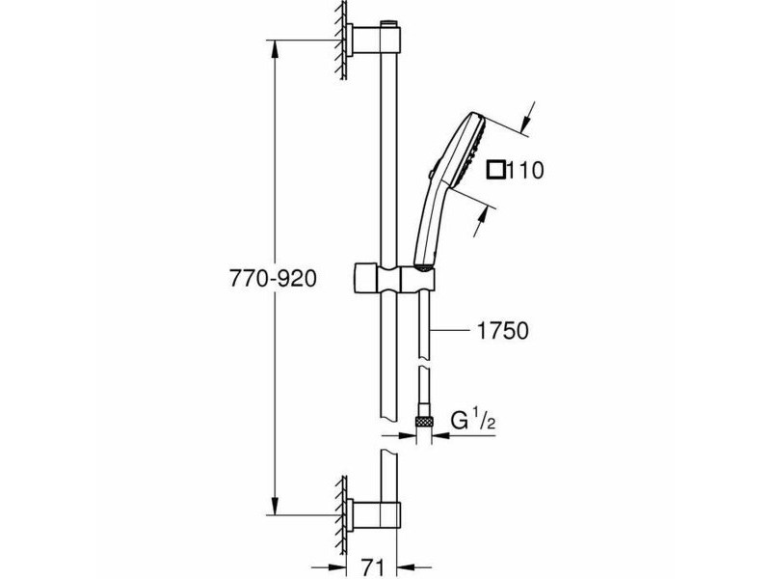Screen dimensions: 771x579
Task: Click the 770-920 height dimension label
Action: [273, 280]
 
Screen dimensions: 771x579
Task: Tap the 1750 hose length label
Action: [503, 331]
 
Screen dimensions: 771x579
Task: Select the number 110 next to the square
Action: [524, 171]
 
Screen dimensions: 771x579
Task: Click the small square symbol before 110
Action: [495, 171]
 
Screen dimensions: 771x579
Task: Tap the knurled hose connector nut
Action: [424, 421]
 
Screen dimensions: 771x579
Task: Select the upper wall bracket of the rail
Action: [374, 40]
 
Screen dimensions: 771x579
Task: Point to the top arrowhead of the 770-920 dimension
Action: [275, 50]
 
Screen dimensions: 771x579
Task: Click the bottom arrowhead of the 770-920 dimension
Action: [275, 505]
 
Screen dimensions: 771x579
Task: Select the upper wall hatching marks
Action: [340, 40]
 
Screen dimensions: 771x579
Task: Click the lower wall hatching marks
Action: [340, 521]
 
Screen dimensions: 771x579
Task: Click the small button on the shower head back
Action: [430, 174]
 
